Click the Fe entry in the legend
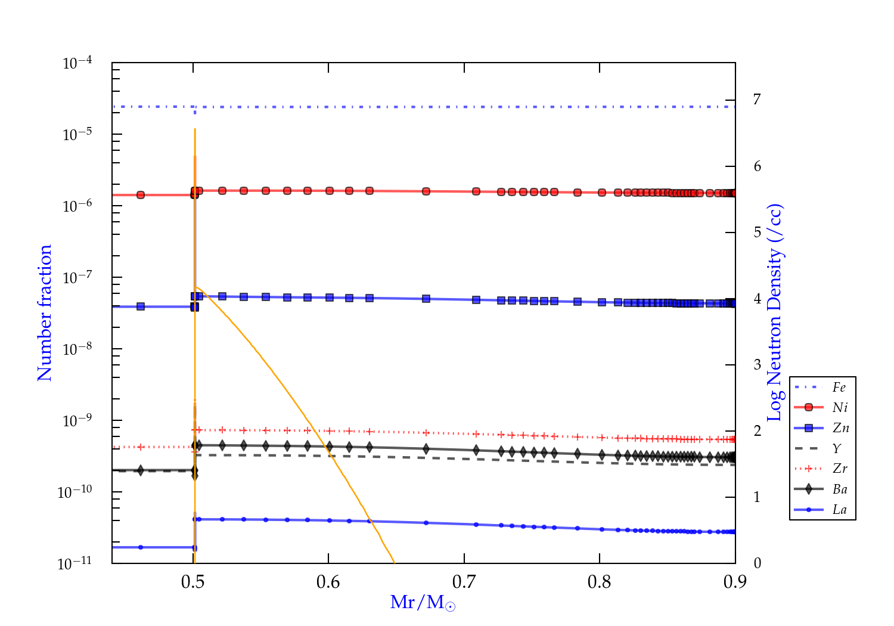[839, 388]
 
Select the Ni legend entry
[840, 408]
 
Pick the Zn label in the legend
[840, 428]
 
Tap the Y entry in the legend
[837, 448]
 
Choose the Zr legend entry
[840, 469]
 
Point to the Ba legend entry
[840, 489]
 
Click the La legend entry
[839, 510]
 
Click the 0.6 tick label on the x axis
[328, 582]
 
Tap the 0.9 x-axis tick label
[735, 582]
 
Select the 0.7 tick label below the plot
[464, 582]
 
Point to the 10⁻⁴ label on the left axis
[77, 62]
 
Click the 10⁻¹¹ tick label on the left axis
[75, 563]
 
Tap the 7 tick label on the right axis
[757, 100]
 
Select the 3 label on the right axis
[757, 364]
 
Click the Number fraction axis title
[45, 313]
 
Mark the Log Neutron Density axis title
[775, 313]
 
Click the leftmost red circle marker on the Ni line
[141, 195]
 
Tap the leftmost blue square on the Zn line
[141, 306]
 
